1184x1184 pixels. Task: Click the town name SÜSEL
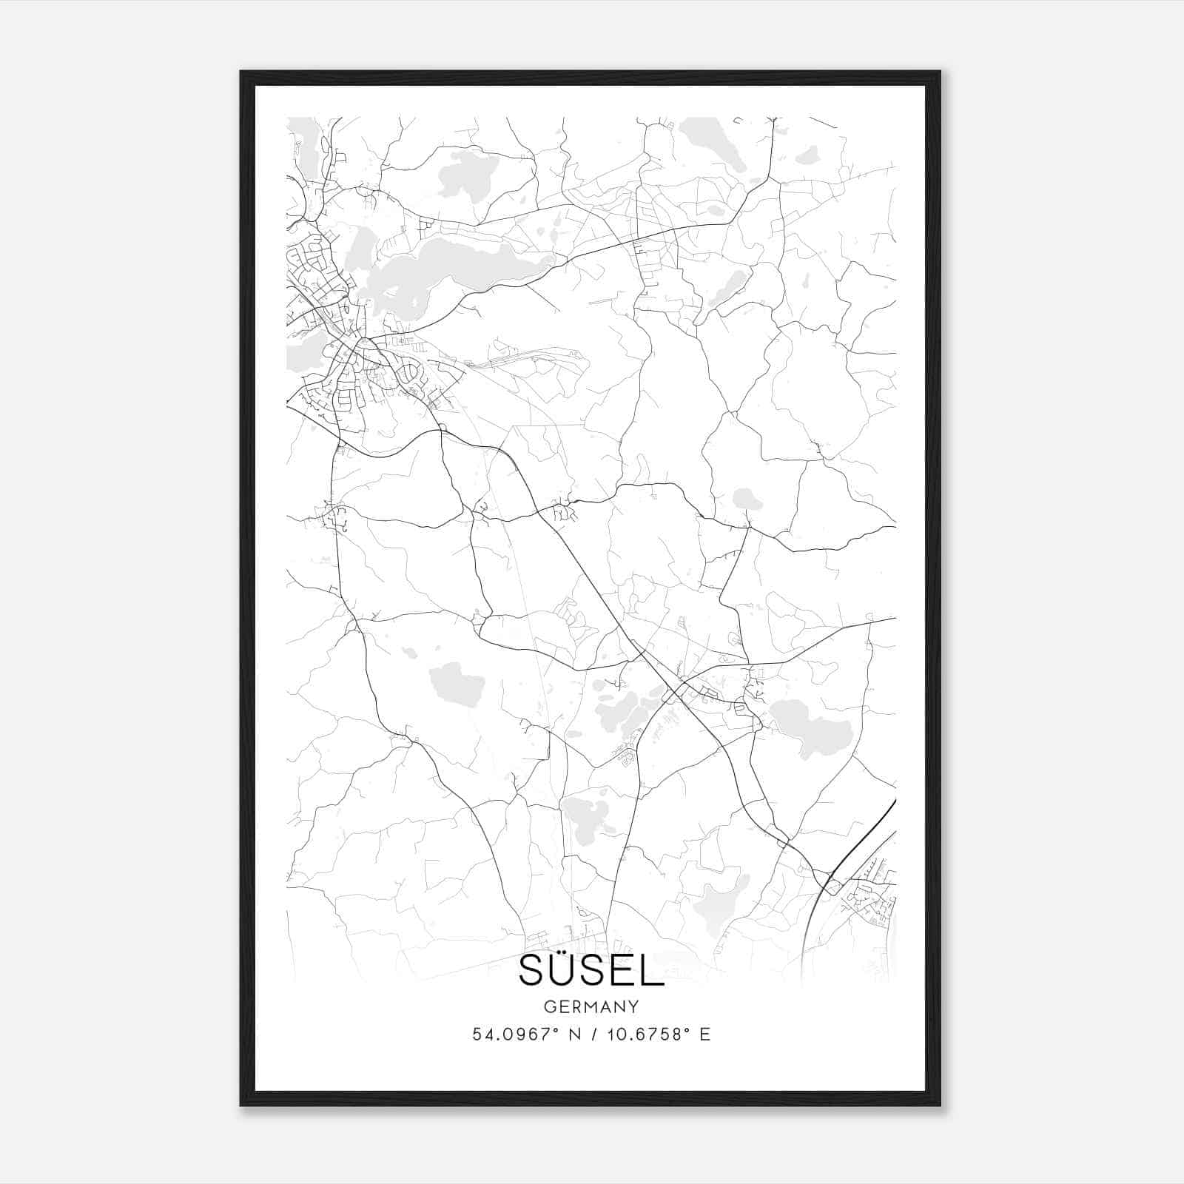point(591,970)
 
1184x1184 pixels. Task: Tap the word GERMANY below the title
point(591,1007)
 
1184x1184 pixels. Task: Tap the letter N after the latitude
point(574,1035)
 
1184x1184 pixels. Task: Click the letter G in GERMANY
point(549,1007)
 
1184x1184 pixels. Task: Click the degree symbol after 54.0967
point(556,1029)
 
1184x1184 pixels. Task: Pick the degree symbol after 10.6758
point(687,1029)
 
